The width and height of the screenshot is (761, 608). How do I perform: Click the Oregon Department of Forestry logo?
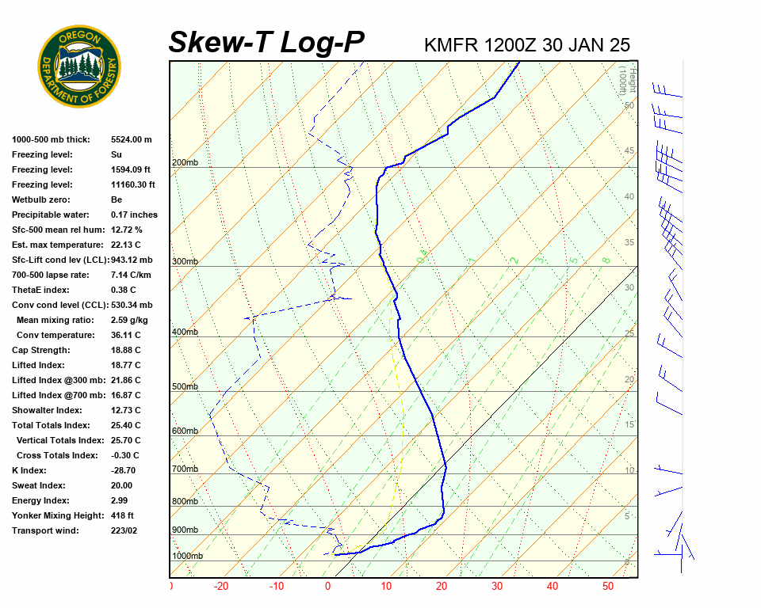click(79, 66)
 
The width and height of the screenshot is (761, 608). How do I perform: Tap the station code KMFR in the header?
click(451, 44)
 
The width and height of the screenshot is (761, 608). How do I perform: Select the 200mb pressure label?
click(185, 163)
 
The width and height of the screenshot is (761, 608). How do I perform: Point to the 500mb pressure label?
click(185, 387)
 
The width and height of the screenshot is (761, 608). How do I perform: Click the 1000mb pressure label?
click(187, 556)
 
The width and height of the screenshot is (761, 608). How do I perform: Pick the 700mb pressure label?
click(185, 469)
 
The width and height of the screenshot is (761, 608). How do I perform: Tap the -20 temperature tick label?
click(221, 587)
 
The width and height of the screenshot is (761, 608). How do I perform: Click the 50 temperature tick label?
click(608, 587)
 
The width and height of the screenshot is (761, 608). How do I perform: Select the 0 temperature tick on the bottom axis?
click(327, 587)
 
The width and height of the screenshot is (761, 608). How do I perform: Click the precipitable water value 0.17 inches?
click(134, 215)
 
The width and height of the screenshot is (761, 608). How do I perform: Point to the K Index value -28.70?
click(124, 470)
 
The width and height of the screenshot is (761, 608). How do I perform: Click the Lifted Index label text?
click(38, 365)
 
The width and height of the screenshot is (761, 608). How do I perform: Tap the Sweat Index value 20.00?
click(121, 485)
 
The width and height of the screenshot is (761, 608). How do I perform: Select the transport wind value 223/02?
click(124, 530)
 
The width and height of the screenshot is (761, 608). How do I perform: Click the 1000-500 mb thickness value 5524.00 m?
click(131, 139)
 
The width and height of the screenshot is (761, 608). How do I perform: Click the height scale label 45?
click(629, 151)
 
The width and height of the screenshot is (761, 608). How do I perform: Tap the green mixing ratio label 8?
click(605, 260)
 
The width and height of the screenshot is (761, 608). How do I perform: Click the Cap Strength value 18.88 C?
click(125, 350)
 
